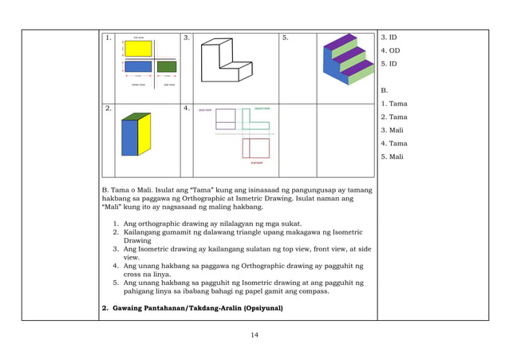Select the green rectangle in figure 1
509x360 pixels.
click(165, 65)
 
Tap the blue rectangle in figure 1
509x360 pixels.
click(138, 66)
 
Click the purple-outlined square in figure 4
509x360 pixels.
click(226, 119)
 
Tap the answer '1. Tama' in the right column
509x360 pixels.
click(393, 104)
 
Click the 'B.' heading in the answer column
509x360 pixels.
click(385, 90)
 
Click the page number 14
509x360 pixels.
click(254, 334)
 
